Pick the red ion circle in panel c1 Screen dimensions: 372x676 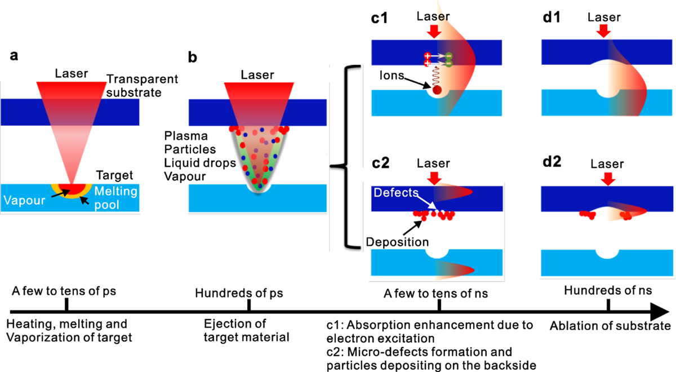tap(437, 89)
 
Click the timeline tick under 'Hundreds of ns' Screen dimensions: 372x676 tap(608, 305)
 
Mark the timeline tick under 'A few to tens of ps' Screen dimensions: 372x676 tap(66, 305)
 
